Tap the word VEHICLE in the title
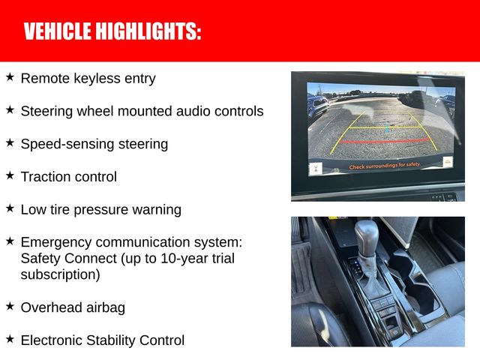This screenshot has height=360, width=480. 55,31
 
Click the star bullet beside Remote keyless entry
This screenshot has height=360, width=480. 10,76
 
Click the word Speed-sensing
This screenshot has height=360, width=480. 62,144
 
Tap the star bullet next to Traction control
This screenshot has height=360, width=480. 10,175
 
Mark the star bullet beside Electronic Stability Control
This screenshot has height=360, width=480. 10,339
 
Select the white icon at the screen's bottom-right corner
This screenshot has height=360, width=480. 448,163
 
